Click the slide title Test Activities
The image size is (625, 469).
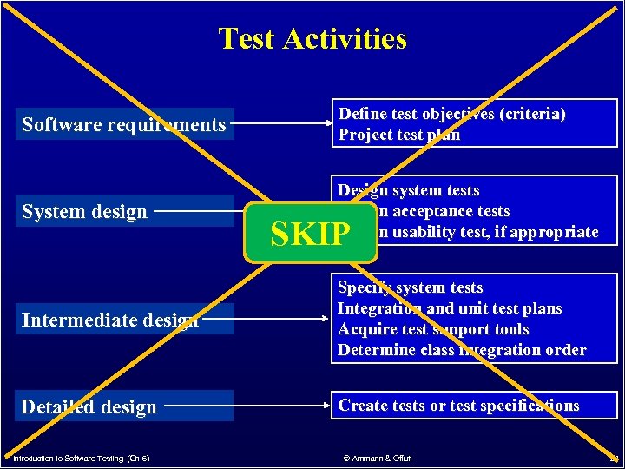click(x=312, y=39)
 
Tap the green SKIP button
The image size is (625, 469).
click(x=312, y=234)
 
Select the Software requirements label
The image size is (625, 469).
click(x=123, y=125)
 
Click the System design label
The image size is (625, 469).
click(x=84, y=212)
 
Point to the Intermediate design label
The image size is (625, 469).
click(x=110, y=320)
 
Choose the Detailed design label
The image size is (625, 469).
click(x=89, y=407)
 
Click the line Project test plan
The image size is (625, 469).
click(x=399, y=135)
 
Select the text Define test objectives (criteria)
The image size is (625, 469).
click(x=451, y=114)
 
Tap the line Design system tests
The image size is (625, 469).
click(x=408, y=190)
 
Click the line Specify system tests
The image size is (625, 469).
click(x=410, y=287)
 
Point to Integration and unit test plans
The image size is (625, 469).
click(x=450, y=308)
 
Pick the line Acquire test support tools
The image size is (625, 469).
click(x=433, y=329)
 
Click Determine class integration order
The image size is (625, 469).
click(x=461, y=350)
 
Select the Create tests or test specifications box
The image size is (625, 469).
click(x=458, y=406)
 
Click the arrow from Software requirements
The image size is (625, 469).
click(x=283, y=125)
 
